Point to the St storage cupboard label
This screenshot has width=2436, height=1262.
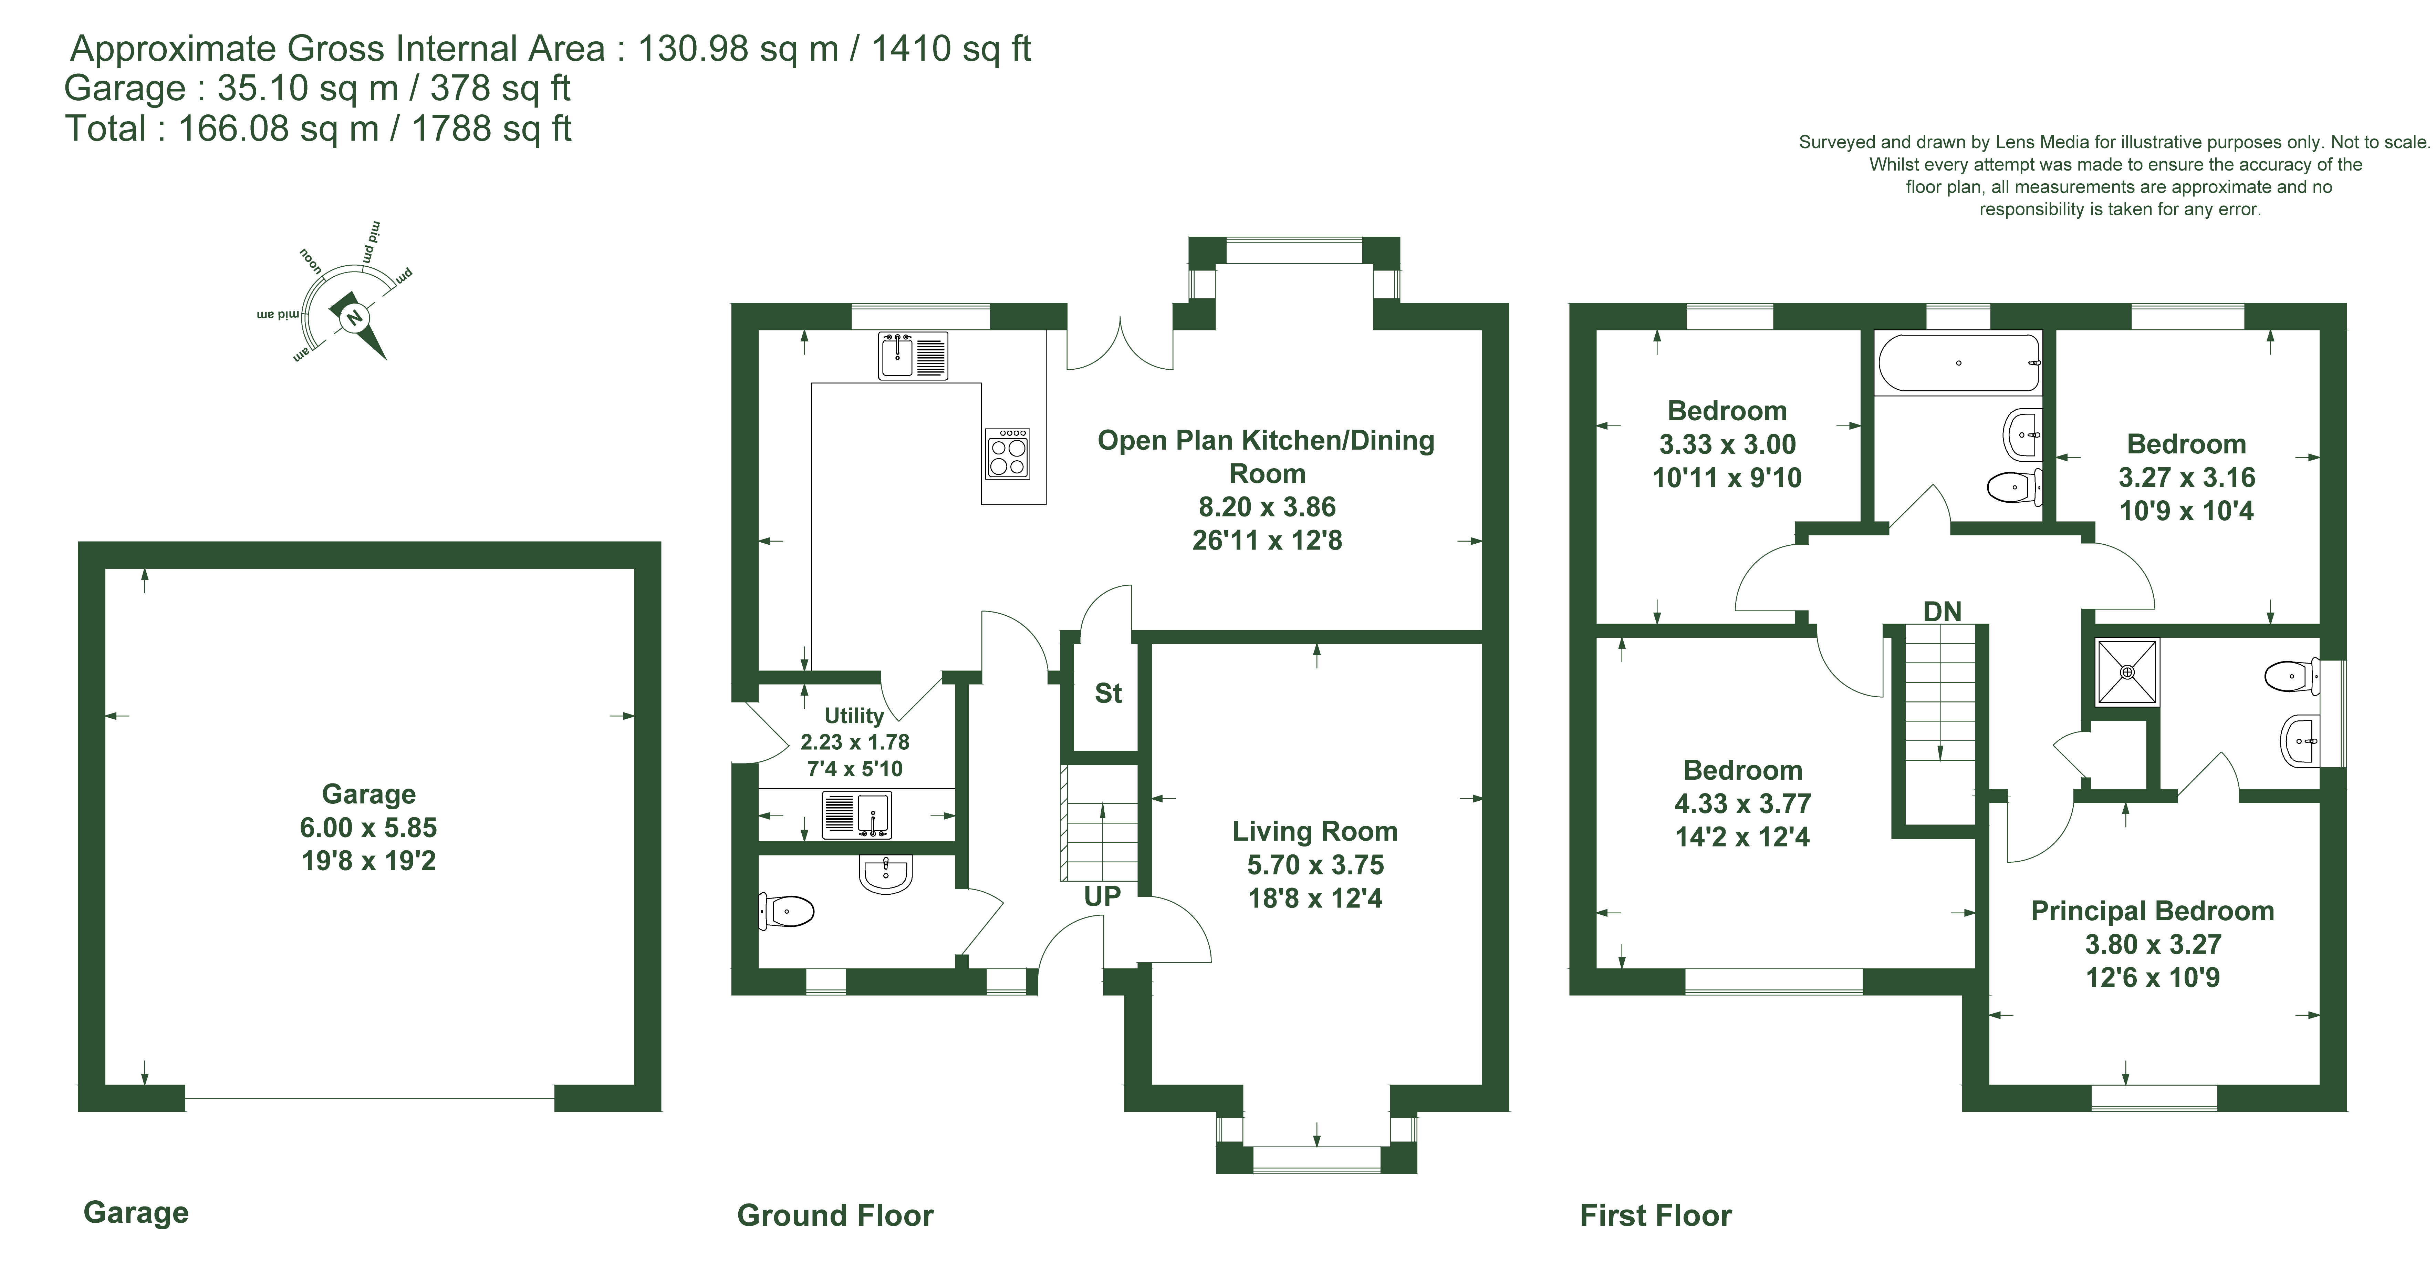coord(1108,694)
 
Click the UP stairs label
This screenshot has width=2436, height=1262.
coord(1103,896)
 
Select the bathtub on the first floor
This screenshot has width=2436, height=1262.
coord(1957,363)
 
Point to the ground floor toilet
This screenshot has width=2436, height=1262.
coord(787,912)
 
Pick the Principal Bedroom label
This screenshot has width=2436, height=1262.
coord(2152,911)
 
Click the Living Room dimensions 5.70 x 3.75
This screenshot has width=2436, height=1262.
coord(1315,865)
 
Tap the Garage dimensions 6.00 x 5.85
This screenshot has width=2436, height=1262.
coord(369,828)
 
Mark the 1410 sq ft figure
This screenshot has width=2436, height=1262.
coord(950,48)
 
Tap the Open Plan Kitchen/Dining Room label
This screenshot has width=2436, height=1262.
coord(1266,457)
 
